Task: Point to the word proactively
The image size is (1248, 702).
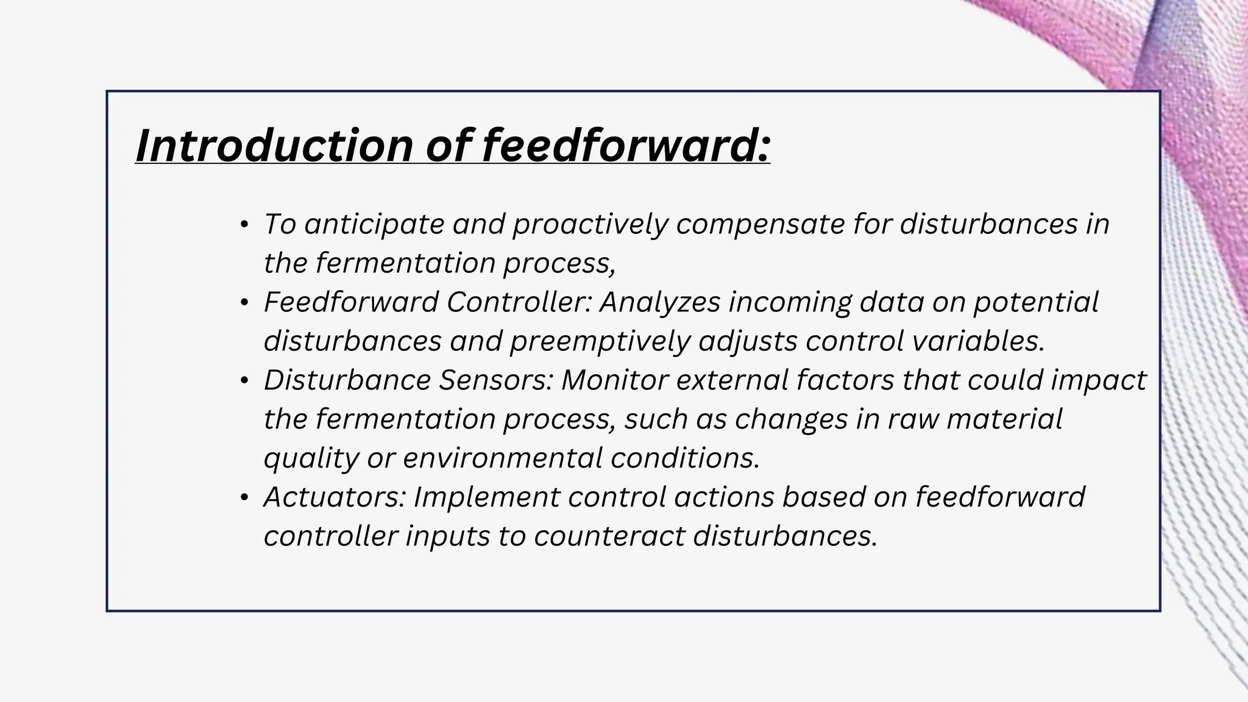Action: (x=590, y=224)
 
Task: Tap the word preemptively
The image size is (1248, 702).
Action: (x=600, y=341)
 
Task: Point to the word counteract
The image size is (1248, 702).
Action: (x=609, y=536)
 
